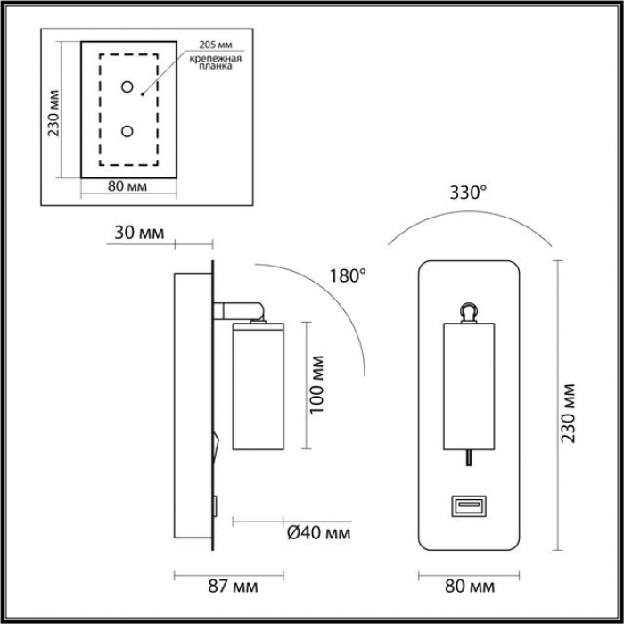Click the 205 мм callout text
click(x=216, y=45)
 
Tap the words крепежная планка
click(x=216, y=62)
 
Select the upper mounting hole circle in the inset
click(x=127, y=86)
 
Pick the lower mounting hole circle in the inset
click(x=127, y=131)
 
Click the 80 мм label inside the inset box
click(x=127, y=185)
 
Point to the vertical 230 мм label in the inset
click(x=53, y=113)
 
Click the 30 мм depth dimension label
click(x=139, y=233)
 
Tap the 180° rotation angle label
click(x=348, y=275)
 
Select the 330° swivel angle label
click(x=468, y=193)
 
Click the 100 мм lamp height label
click(x=316, y=384)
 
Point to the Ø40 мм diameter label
click(x=319, y=532)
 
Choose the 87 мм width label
click(x=233, y=587)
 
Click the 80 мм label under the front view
click(x=470, y=587)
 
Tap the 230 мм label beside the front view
click(x=569, y=414)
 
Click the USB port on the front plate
click(x=469, y=505)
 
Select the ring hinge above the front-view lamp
click(x=468, y=312)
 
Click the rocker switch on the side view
click(x=216, y=446)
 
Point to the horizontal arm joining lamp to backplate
click(x=239, y=311)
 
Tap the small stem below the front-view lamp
click(x=469, y=457)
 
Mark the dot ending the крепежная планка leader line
click(x=142, y=94)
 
